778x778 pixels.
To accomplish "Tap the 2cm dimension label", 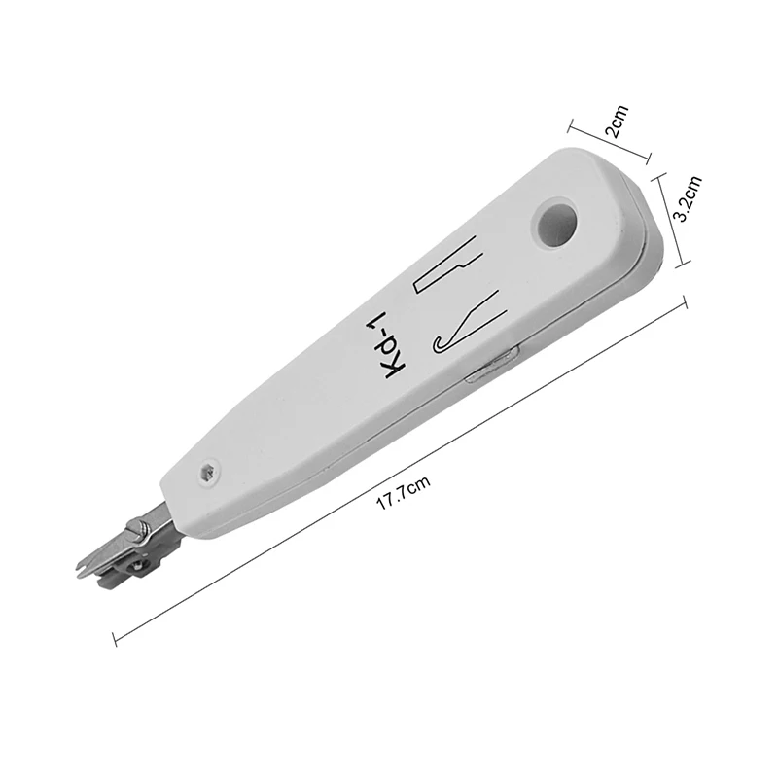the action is coord(617,121).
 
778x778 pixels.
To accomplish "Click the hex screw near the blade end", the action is coord(209,472).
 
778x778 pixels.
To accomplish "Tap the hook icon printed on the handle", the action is coord(469,323).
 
